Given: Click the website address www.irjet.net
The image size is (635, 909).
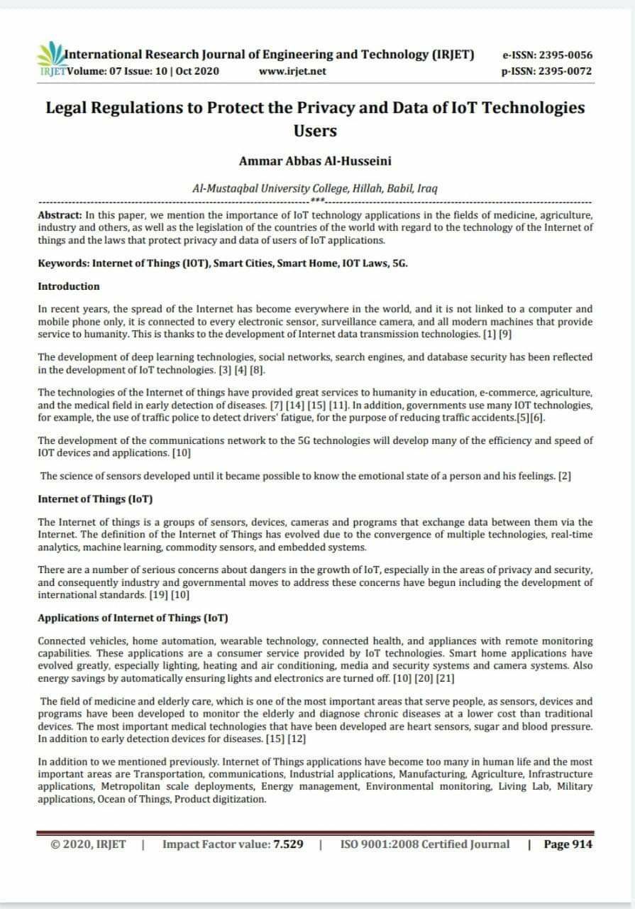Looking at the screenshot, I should (x=292, y=71).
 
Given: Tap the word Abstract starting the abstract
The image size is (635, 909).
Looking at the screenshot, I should (x=60, y=214).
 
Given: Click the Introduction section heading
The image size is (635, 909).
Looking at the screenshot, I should (x=69, y=286).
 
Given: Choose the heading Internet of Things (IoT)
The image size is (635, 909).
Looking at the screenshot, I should (x=95, y=499).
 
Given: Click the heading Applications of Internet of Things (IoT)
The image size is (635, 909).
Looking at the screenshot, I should (x=133, y=617).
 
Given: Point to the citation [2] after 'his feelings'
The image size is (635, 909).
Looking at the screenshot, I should (x=565, y=476).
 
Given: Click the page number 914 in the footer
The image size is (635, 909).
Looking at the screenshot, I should (x=580, y=844).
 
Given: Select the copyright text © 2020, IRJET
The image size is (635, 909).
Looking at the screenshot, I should (x=88, y=844).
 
